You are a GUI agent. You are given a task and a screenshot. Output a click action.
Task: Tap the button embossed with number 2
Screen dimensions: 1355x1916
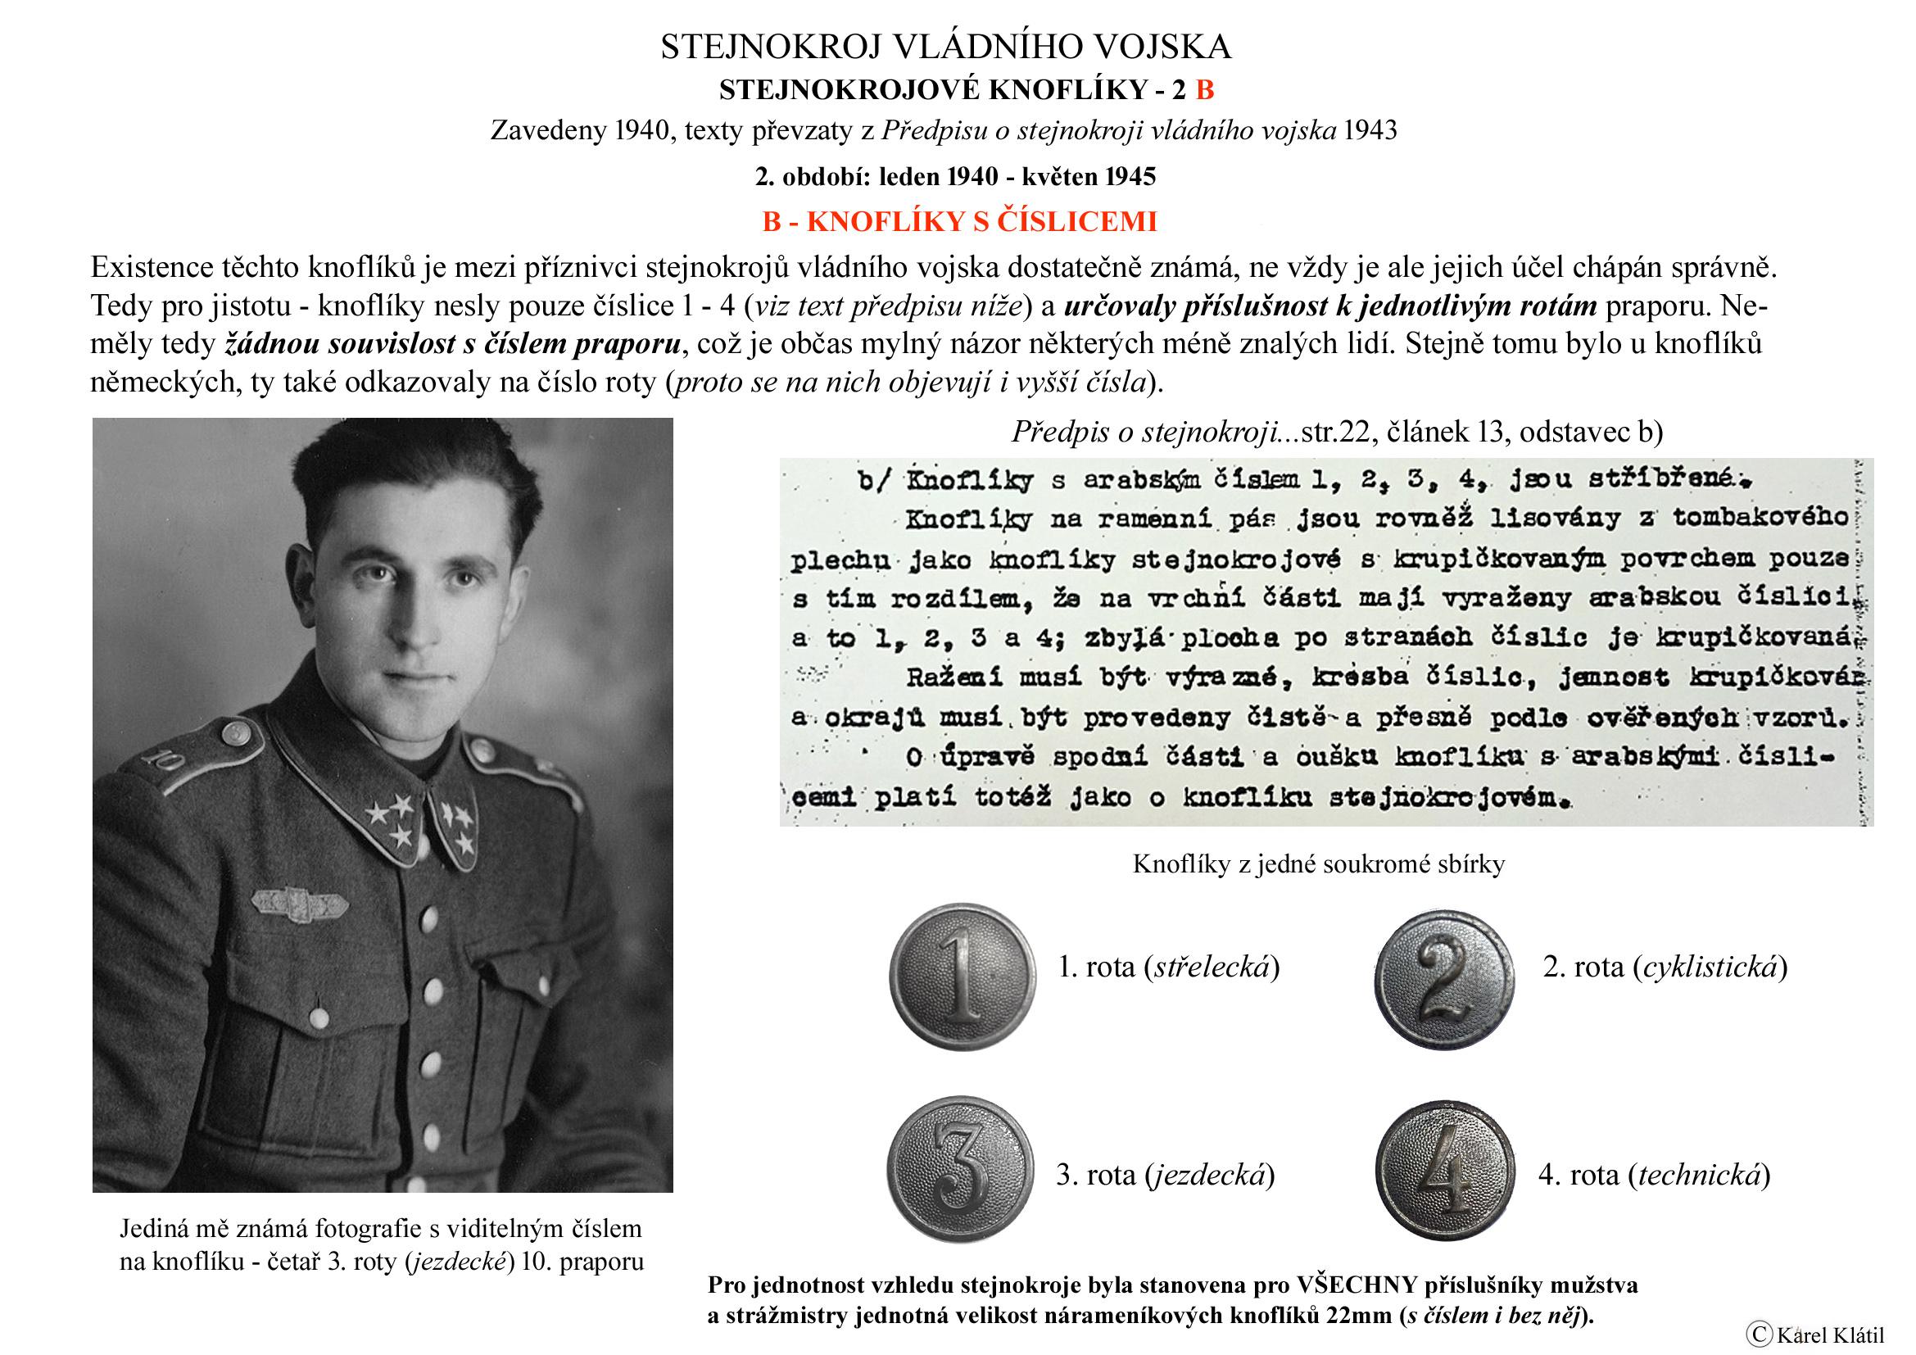[x=1443, y=979]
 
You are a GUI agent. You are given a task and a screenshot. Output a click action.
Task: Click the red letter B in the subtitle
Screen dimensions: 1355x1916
[x=1204, y=90]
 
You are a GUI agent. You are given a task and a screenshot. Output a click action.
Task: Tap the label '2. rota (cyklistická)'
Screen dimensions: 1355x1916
[x=1665, y=967]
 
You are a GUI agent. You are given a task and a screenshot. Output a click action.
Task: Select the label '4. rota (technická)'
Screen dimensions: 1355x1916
[x=1654, y=1175]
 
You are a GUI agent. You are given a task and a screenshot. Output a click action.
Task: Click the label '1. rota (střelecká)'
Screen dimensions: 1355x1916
[x=1168, y=967]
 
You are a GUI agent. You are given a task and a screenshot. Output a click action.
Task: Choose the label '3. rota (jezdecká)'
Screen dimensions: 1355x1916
[x=1165, y=1175]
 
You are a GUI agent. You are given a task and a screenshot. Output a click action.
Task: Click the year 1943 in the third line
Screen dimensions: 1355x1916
[x=1371, y=131]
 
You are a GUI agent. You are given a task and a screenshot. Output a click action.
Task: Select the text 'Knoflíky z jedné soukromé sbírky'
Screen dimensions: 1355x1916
[x=1319, y=864]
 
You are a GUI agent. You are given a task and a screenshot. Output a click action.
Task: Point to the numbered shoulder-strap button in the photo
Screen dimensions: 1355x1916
[x=237, y=732]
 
